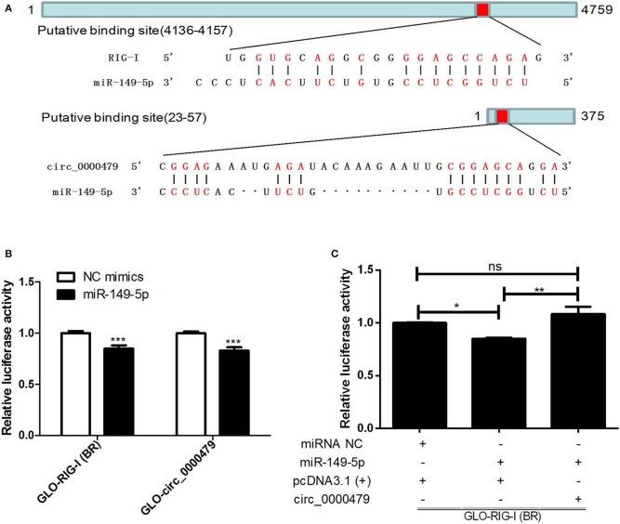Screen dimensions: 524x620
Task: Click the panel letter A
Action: click(8, 7)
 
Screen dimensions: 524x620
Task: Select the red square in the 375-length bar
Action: click(502, 116)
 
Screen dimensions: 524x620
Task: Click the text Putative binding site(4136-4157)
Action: click(135, 31)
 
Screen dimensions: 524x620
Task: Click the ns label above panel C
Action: click(497, 263)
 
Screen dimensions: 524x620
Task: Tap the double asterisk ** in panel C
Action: click(541, 290)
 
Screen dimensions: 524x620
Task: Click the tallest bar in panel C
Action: click(578, 370)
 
